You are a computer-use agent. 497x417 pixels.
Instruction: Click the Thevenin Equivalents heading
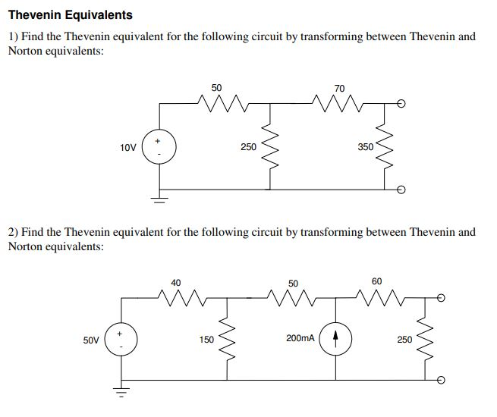pyautogui.click(x=70, y=14)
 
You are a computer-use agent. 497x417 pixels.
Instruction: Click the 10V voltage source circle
pyautogui.click(x=160, y=146)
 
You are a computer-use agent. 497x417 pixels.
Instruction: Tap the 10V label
pyautogui.click(x=127, y=147)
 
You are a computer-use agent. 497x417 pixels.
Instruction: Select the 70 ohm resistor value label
pyautogui.click(x=338, y=89)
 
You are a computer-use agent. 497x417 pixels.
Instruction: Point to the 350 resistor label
pyautogui.click(x=366, y=146)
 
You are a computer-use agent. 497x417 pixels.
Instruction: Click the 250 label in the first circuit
pyautogui.click(x=248, y=146)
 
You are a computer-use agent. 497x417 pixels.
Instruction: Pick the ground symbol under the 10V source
pyautogui.click(x=160, y=200)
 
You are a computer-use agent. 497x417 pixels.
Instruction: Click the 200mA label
pyautogui.click(x=300, y=339)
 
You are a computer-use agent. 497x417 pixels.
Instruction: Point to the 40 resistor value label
pyautogui.click(x=176, y=282)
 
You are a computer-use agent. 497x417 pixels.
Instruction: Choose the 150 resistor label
pyautogui.click(x=206, y=340)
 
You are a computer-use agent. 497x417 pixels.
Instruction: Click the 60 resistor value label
pyautogui.click(x=377, y=281)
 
